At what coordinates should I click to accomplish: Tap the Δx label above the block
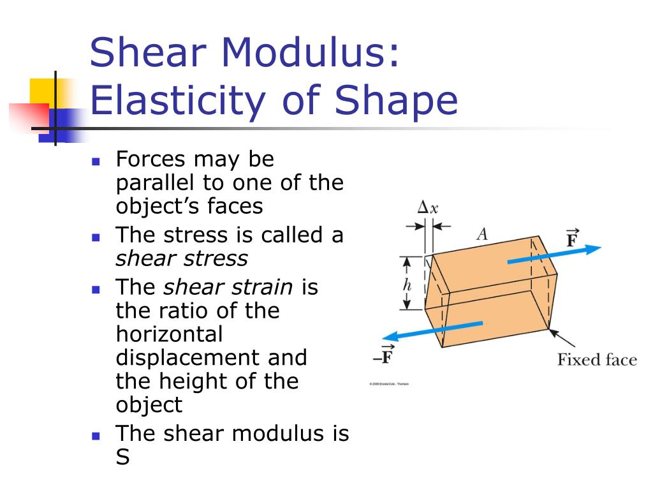tap(427, 207)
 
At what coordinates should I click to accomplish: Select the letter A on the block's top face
tap(482, 234)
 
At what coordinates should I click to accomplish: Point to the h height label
tap(407, 285)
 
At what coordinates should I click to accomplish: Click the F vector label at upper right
tap(572, 240)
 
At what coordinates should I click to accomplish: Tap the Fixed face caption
tap(597, 360)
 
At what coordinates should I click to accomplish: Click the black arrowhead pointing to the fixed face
tap(552, 332)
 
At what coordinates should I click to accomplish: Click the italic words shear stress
tap(182, 258)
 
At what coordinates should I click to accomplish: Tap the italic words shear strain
tap(228, 287)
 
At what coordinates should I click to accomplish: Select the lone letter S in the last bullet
tap(122, 457)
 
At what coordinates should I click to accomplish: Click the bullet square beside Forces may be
tap(96, 161)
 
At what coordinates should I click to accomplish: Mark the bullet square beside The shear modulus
tap(96, 436)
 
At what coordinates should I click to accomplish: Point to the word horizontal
tap(169, 334)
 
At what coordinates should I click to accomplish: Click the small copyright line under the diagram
tap(389, 383)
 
